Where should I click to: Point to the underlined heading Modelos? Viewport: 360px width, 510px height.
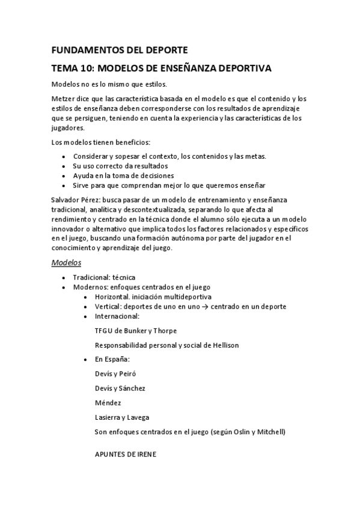pyautogui.click(x=66, y=263)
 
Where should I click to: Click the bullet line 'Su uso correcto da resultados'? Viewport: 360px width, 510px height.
pyautogui.click(x=120, y=165)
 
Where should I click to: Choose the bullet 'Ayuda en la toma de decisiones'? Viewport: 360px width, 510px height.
pyautogui.click(x=123, y=175)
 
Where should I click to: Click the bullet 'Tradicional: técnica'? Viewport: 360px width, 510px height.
pyautogui.click(x=103, y=277)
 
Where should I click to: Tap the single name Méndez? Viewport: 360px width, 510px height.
pyautogui.click(x=109, y=402)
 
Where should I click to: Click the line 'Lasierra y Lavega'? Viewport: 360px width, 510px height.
pyautogui.click(x=122, y=417)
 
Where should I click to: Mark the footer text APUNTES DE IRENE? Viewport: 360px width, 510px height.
pyautogui.click(x=125, y=454)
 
